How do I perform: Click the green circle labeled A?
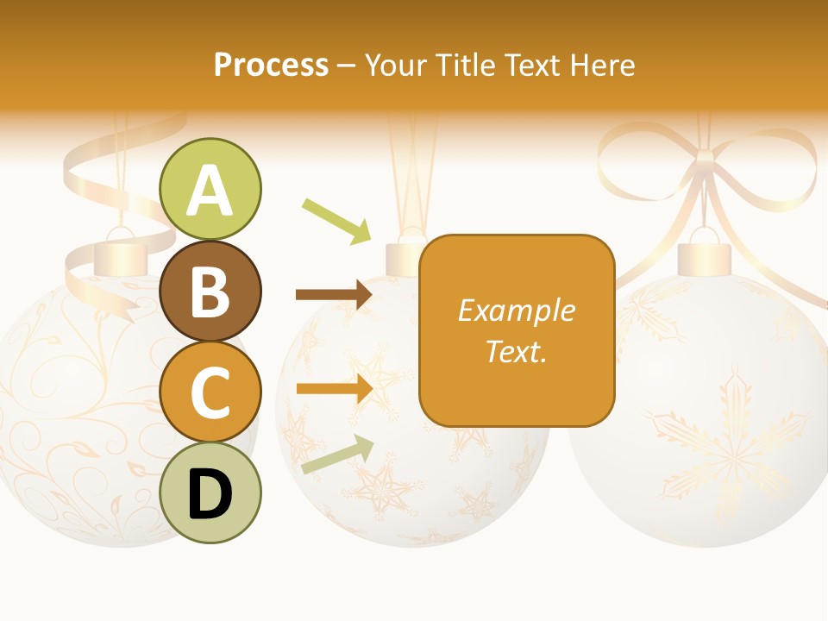pyautogui.click(x=210, y=190)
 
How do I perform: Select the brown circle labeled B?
pyautogui.click(x=210, y=291)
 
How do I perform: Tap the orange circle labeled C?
pyautogui.click(x=210, y=392)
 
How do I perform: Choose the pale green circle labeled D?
pyautogui.click(x=210, y=493)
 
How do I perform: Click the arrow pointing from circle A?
pyautogui.click(x=336, y=221)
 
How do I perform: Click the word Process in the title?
pyautogui.click(x=271, y=65)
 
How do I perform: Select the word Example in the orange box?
pyautogui.click(x=516, y=310)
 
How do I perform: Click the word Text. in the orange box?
pyautogui.click(x=516, y=351)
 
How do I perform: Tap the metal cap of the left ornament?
pyautogui.click(x=120, y=258)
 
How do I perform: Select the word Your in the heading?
pyautogui.click(x=393, y=65)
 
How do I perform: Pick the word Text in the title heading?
pyautogui.click(x=530, y=65)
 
